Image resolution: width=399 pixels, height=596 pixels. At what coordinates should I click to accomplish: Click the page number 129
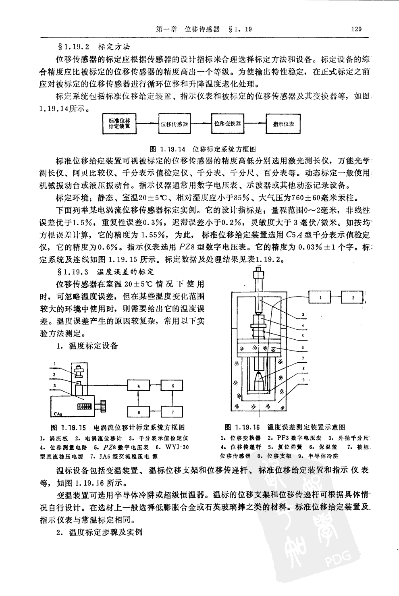pos(356,29)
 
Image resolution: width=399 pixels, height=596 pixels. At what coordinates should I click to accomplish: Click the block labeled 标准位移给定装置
pos(119,123)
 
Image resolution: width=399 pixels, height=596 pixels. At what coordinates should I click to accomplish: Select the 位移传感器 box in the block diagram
pos(174,124)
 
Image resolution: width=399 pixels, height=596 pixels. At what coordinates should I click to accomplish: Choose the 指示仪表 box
pos(283,124)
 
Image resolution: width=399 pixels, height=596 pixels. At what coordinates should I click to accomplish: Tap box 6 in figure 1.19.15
pos(138,412)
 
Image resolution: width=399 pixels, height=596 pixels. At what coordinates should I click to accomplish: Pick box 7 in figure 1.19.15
pos(172,412)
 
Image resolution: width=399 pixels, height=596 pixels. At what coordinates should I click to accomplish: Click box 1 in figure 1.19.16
pos(320,297)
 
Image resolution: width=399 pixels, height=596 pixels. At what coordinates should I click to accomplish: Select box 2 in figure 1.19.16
pos(353,297)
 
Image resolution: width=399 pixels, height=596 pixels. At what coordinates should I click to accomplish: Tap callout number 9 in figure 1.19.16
pos(303,379)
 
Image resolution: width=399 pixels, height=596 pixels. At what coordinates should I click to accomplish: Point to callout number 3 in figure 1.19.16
pos(303,315)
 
